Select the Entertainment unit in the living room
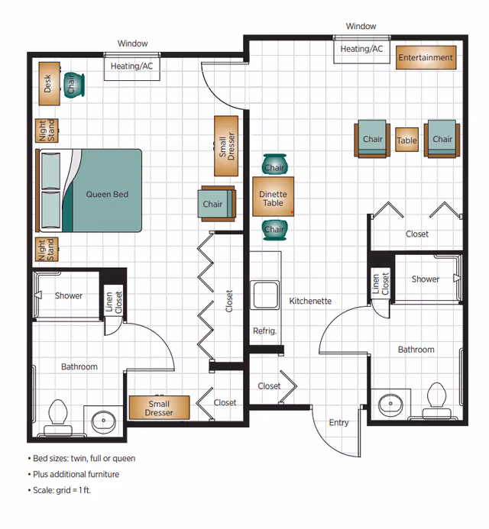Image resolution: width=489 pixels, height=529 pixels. [426, 58]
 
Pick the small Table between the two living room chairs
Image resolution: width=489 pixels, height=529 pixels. [407, 140]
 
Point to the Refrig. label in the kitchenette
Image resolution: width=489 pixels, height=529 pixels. [264, 331]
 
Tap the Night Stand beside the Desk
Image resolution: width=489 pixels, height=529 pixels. [47, 131]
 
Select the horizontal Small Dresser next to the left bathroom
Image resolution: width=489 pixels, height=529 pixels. [159, 408]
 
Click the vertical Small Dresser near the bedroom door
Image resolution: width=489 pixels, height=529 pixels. [226, 144]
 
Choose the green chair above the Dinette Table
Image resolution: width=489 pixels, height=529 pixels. [274, 165]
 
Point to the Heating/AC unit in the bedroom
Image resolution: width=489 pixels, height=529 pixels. [131, 67]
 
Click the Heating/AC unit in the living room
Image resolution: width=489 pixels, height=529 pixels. [361, 50]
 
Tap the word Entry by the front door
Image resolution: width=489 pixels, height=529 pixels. [338, 423]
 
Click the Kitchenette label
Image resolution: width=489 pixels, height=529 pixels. [310, 302]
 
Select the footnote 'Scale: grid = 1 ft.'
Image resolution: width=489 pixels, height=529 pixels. [61, 490]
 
